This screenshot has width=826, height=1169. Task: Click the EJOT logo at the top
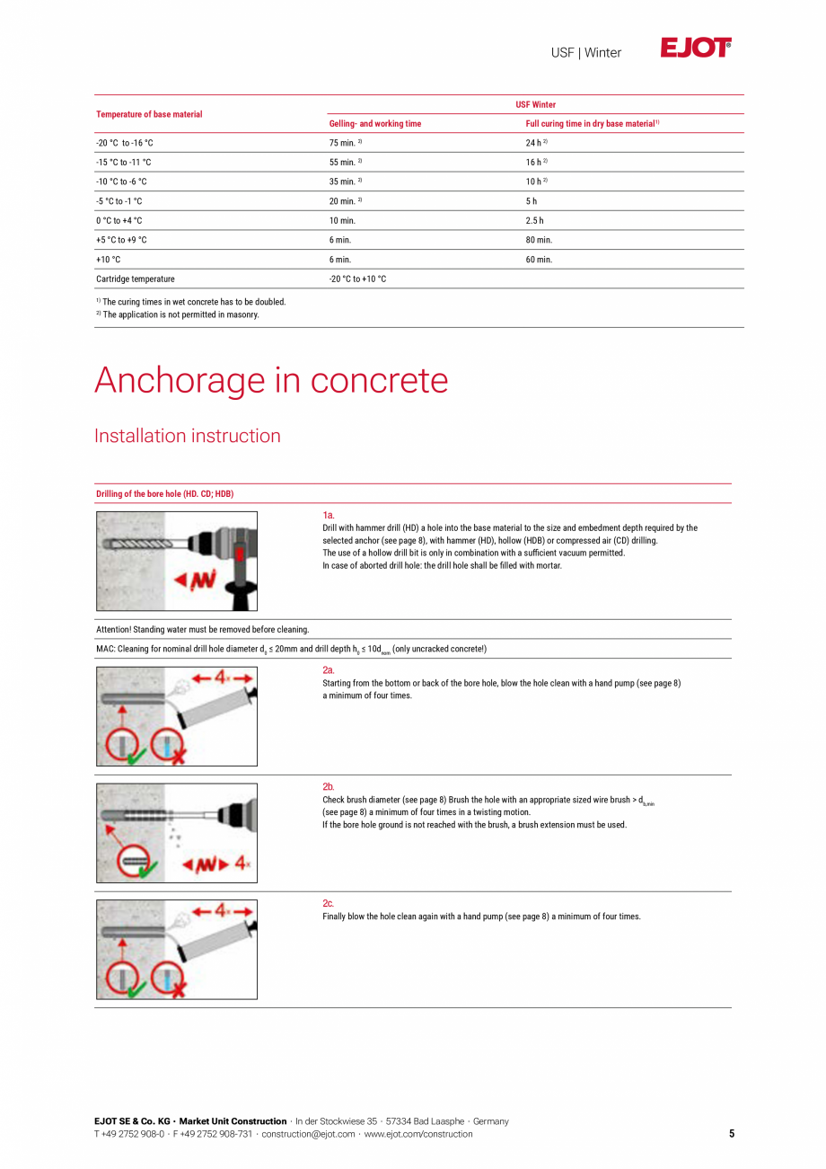(x=696, y=49)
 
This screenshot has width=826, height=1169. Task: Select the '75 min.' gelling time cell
(x=345, y=143)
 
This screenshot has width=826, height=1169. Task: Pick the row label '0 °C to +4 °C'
(x=119, y=220)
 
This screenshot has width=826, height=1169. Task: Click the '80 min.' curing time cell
(x=539, y=240)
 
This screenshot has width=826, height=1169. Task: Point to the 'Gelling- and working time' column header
(x=375, y=123)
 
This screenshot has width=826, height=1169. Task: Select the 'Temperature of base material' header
(x=149, y=114)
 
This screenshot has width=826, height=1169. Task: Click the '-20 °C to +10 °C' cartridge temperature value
(x=358, y=279)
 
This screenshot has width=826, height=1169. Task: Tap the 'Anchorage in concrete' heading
(x=271, y=380)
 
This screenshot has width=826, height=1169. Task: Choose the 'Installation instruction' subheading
(x=188, y=436)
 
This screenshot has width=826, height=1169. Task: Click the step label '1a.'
(x=329, y=515)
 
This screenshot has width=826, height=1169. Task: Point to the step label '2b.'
(x=329, y=786)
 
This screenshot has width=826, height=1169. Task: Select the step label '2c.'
(x=329, y=903)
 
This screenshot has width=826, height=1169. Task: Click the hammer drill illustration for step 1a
(x=177, y=561)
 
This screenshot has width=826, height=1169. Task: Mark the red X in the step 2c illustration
(x=178, y=990)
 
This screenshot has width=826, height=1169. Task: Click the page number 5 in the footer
(x=732, y=1134)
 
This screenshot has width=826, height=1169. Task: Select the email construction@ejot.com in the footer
(x=308, y=1134)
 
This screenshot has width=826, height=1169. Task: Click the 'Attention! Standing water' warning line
(x=202, y=629)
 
